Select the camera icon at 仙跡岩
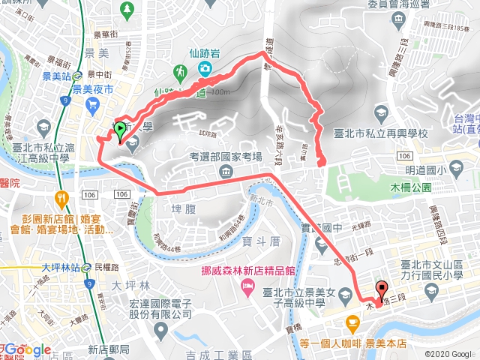click(x=205, y=69)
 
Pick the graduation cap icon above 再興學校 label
click(x=384, y=112)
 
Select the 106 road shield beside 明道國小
click(x=404, y=154)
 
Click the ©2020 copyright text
click(x=448, y=354)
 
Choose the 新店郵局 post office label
click(x=109, y=349)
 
